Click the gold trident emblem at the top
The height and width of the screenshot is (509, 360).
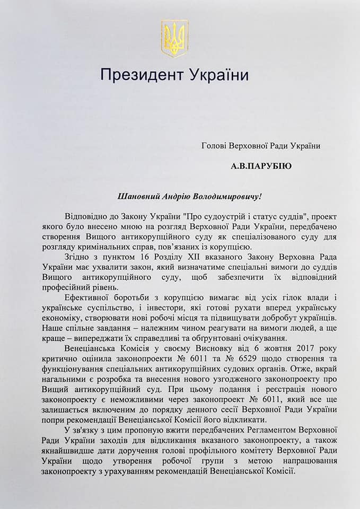coord(174,38)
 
